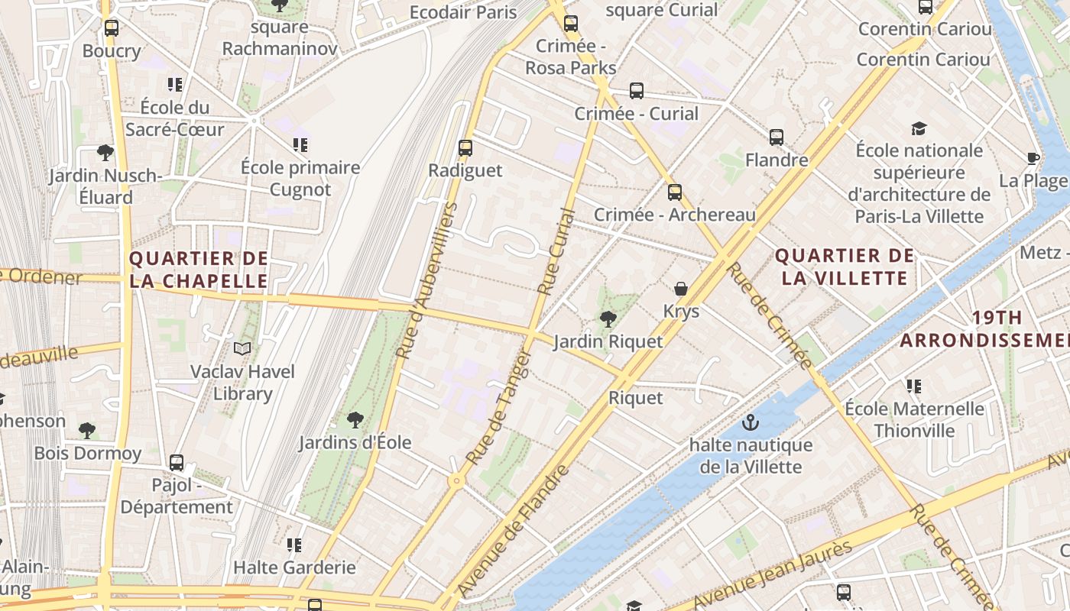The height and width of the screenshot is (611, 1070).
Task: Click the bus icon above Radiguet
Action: click(x=465, y=148)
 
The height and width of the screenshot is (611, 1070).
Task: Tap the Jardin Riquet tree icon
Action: click(x=608, y=318)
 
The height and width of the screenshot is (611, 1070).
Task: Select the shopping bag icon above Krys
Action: click(x=680, y=289)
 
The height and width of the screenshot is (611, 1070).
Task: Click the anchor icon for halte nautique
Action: click(x=751, y=422)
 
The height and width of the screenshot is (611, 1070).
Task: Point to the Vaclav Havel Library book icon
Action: click(x=242, y=349)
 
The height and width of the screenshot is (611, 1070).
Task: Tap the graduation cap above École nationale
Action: click(x=919, y=128)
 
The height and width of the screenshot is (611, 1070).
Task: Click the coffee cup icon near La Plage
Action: click(x=1033, y=158)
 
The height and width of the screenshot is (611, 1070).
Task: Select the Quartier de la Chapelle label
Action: click(x=199, y=270)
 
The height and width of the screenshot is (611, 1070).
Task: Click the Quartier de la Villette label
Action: click(x=845, y=267)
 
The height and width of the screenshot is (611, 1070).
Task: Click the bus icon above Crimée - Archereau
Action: click(x=674, y=192)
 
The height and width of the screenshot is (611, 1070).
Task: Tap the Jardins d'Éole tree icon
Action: click(x=355, y=419)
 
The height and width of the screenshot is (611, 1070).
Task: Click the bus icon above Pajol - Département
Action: click(x=177, y=462)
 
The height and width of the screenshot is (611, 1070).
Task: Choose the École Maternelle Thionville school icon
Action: click(x=913, y=386)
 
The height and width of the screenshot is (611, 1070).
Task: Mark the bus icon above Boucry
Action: click(x=112, y=28)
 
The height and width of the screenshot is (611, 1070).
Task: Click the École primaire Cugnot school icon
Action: click(x=300, y=144)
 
